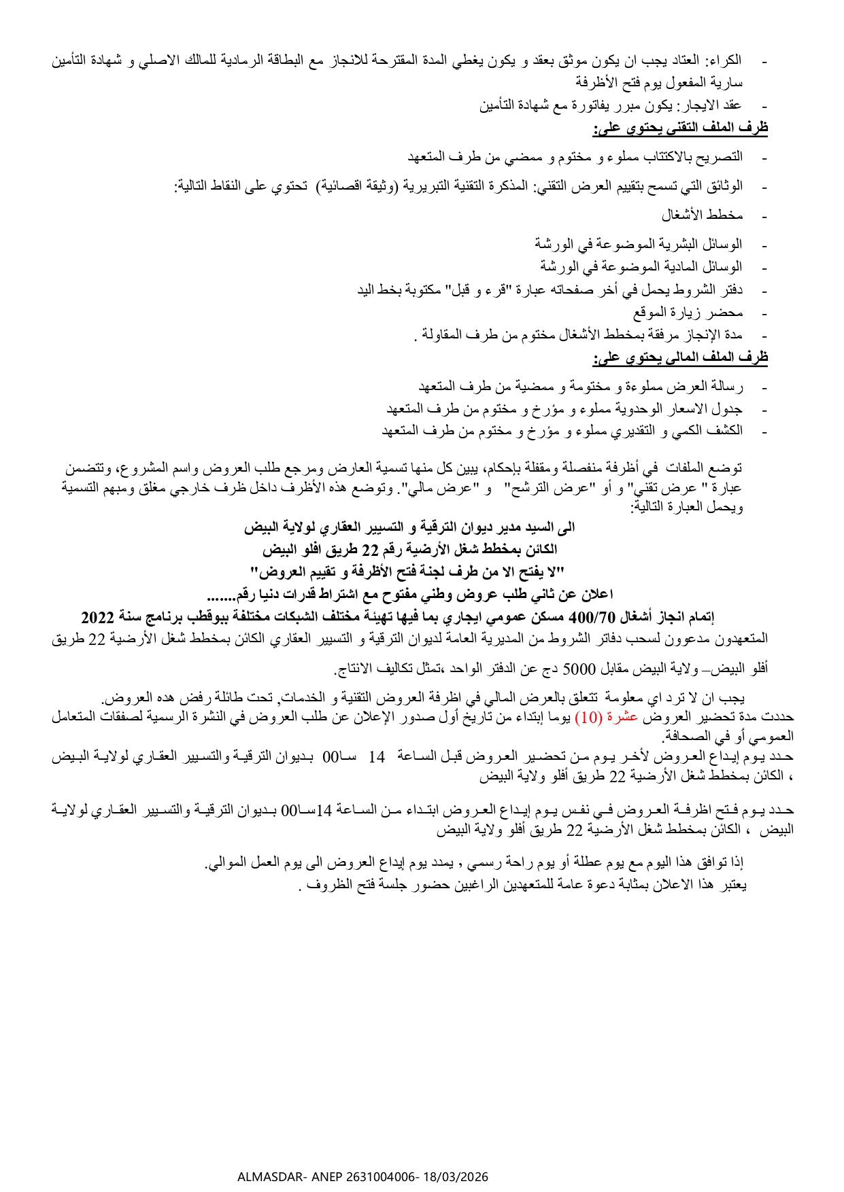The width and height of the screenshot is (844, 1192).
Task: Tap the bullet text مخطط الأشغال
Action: (x=702, y=215)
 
